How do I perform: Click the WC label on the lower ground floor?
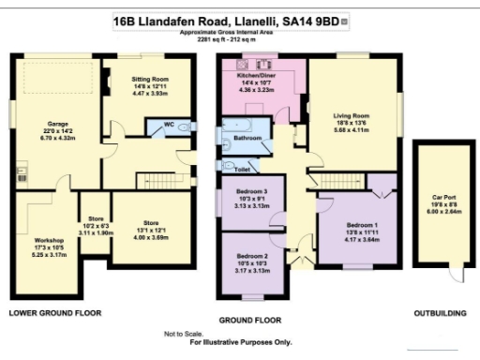coord(169,123)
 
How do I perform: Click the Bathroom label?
coord(248,138)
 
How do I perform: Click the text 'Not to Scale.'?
coord(183,334)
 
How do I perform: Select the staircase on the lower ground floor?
coord(160,179)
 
